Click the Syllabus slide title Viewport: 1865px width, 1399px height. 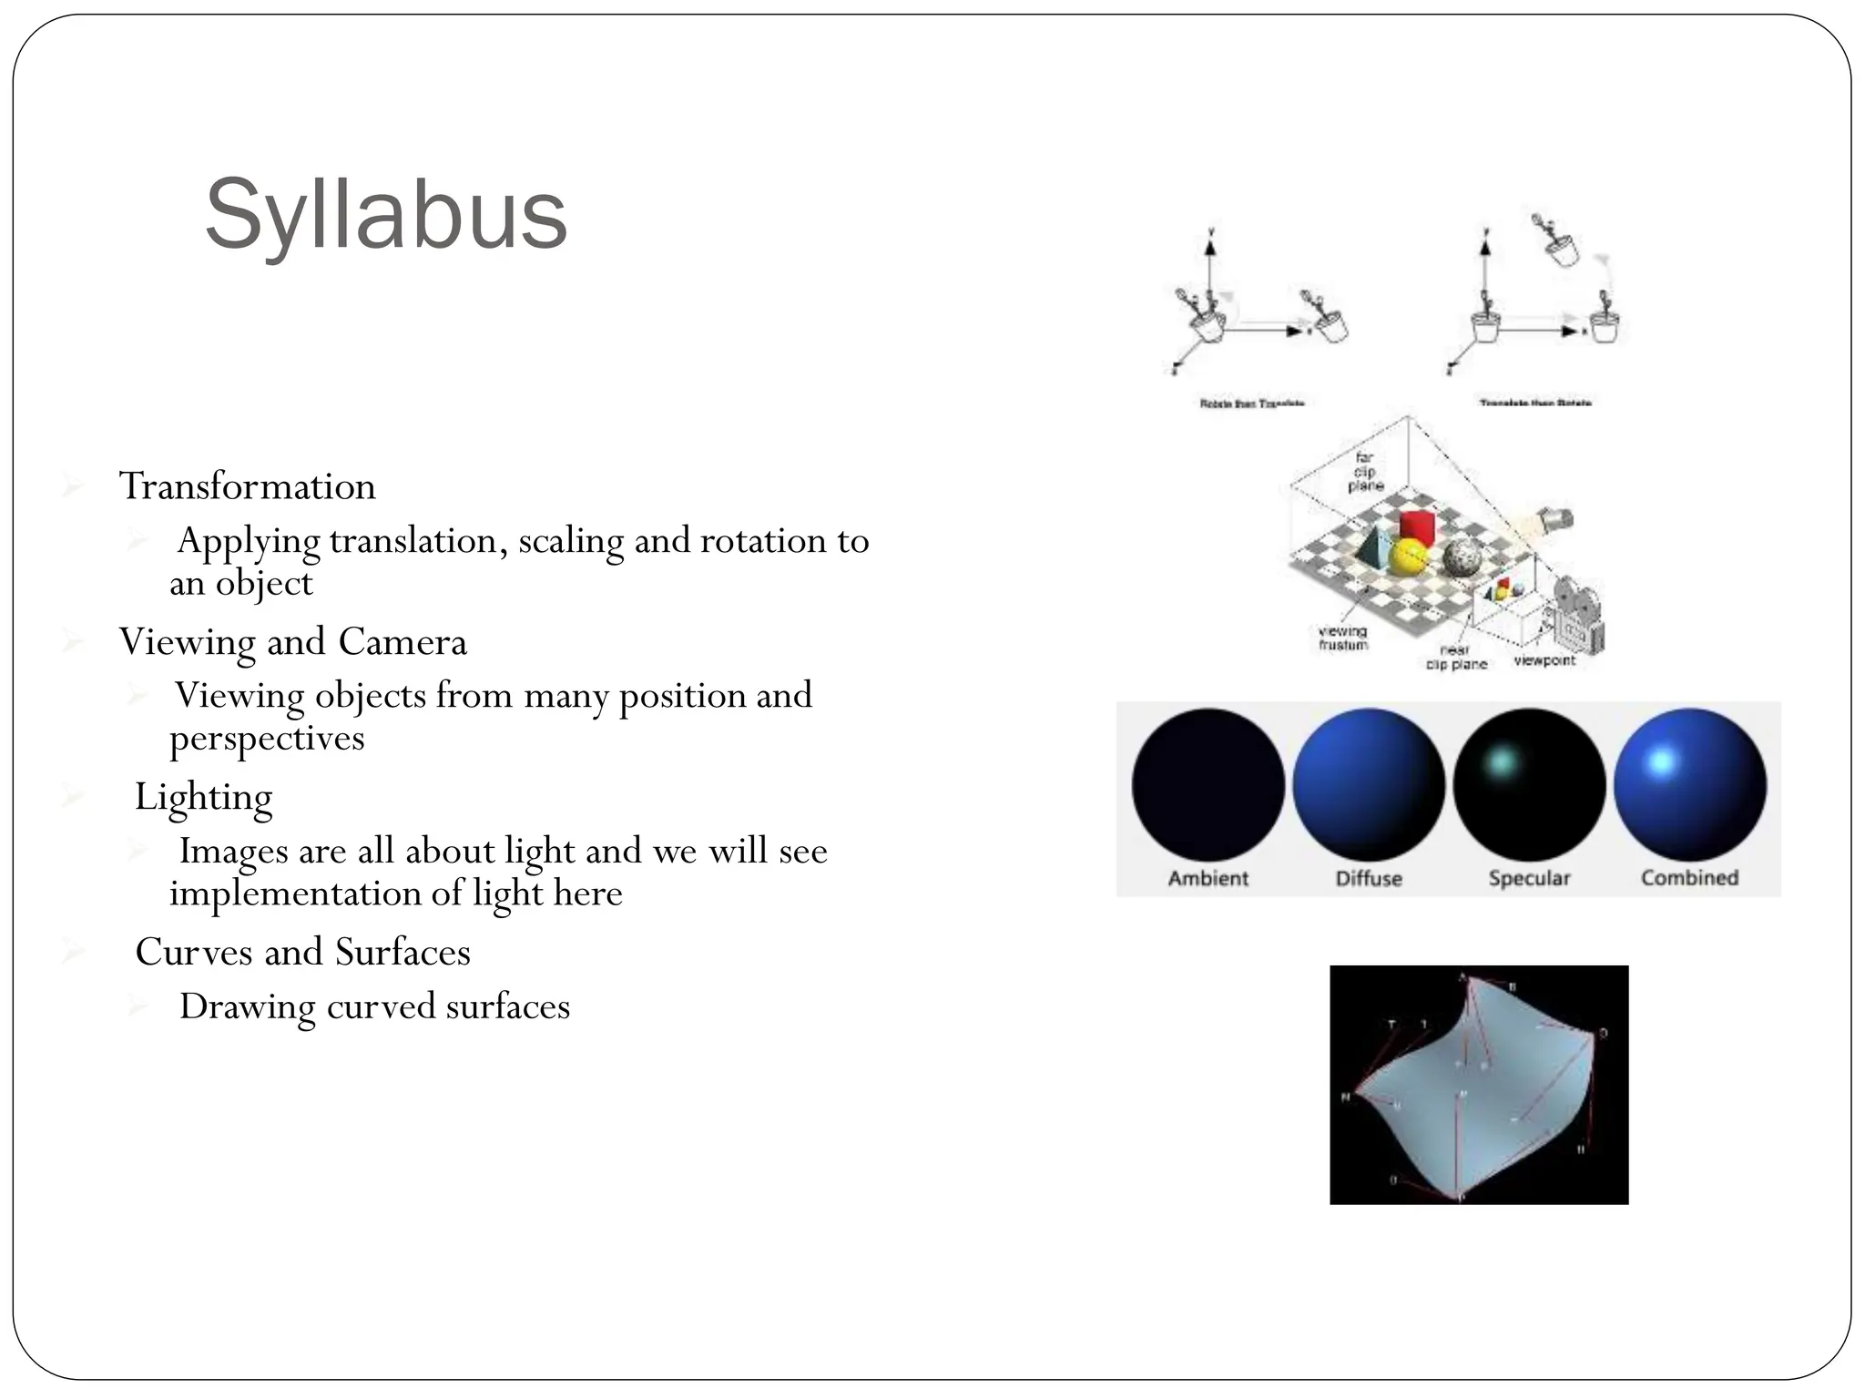(x=386, y=215)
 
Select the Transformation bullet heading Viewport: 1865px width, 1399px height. (x=247, y=486)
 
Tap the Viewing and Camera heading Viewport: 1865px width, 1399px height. (x=292, y=642)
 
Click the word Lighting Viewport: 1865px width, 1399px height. (x=203, y=797)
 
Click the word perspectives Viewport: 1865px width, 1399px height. (x=267, y=738)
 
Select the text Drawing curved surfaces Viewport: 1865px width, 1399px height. (x=374, y=1006)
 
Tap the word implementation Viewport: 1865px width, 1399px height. (x=295, y=893)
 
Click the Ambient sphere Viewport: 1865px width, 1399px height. (x=1208, y=784)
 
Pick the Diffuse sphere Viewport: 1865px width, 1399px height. (x=1368, y=784)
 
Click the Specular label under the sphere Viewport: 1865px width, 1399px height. (x=1529, y=878)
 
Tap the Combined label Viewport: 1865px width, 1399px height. (x=1689, y=878)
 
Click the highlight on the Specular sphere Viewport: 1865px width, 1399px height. (x=1502, y=760)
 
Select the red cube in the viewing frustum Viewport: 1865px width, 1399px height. (x=1417, y=526)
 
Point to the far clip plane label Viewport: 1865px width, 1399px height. (x=1364, y=472)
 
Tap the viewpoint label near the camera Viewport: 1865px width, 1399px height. (x=1544, y=660)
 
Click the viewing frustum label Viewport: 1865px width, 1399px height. (x=1343, y=638)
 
